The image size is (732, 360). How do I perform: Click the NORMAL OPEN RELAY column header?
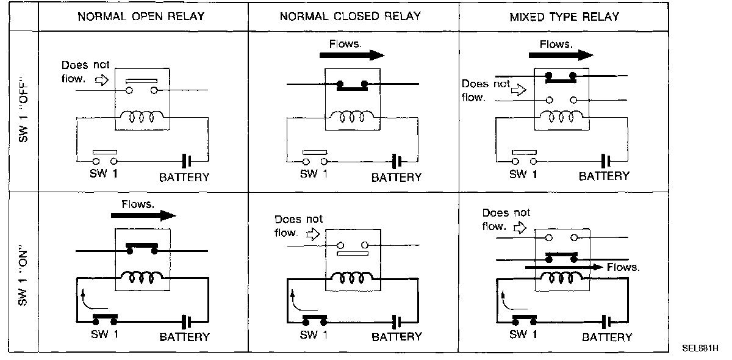[141, 16]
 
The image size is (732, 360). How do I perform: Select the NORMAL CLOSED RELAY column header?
[350, 16]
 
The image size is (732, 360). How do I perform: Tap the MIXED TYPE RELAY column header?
[564, 16]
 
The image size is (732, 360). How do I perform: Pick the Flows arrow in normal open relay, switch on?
[144, 215]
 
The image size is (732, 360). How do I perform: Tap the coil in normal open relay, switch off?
[140, 115]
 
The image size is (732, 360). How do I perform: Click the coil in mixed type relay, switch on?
[562, 278]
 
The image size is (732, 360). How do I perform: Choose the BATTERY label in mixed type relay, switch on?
[606, 337]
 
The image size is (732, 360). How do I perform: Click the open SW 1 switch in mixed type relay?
[525, 157]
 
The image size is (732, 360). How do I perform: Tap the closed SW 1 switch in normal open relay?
[105, 320]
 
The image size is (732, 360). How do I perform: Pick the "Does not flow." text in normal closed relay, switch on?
[298, 226]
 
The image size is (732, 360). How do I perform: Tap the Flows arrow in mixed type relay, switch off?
[561, 55]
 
